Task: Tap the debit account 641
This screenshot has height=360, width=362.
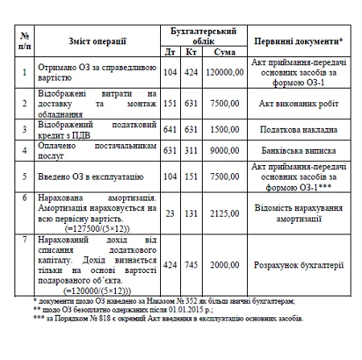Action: coord(171,127)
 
